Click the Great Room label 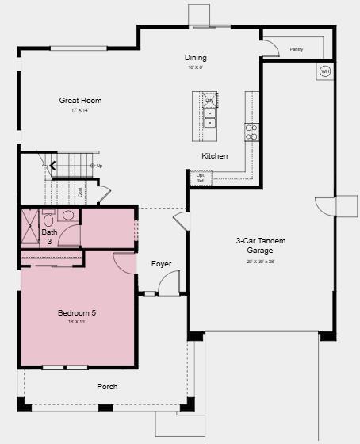tap(80, 101)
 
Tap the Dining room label tap(196, 58)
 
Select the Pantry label tap(297, 49)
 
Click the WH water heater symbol tap(325, 72)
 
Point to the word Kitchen tap(215, 156)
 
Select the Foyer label tap(161, 264)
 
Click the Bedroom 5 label tap(76, 313)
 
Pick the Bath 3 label tap(49, 236)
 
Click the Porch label tap(107, 387)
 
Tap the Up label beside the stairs tap(100, 166)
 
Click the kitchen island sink tap(209, 118)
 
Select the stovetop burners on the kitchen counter tap(251, 132)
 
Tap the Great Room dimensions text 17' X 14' tap(80, 111)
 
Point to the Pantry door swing tap(272, 48)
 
